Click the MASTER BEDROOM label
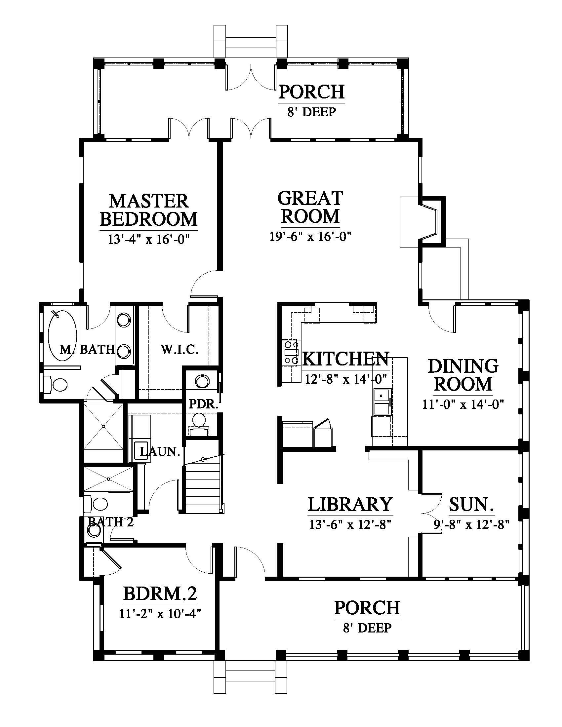coord(149,210)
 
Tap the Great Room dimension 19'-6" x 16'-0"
coord(311,237)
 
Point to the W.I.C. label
coord(180,350)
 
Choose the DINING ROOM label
coord(463,375)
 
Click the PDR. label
coord(203,404)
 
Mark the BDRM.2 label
coord(160,593)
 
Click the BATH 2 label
coord(110,522)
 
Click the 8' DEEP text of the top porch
coord(312,112)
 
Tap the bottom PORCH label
coord(367,608)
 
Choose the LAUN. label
coord(160,452)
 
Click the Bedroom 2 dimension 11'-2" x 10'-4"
coord(160,613)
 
